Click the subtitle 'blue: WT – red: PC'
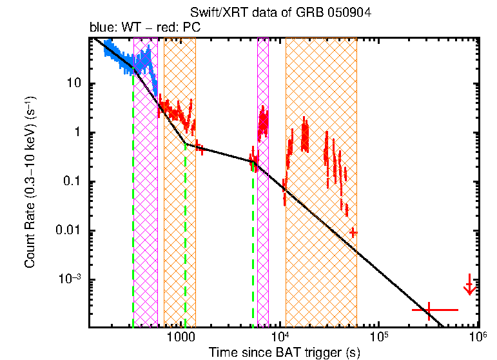pos(144,28)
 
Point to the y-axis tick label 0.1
pos(73,182)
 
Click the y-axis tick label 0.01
pos(70,231)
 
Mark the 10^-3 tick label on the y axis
pos(70,279)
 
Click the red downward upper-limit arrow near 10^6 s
pos(470,285)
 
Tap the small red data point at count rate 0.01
pos(353,232)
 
